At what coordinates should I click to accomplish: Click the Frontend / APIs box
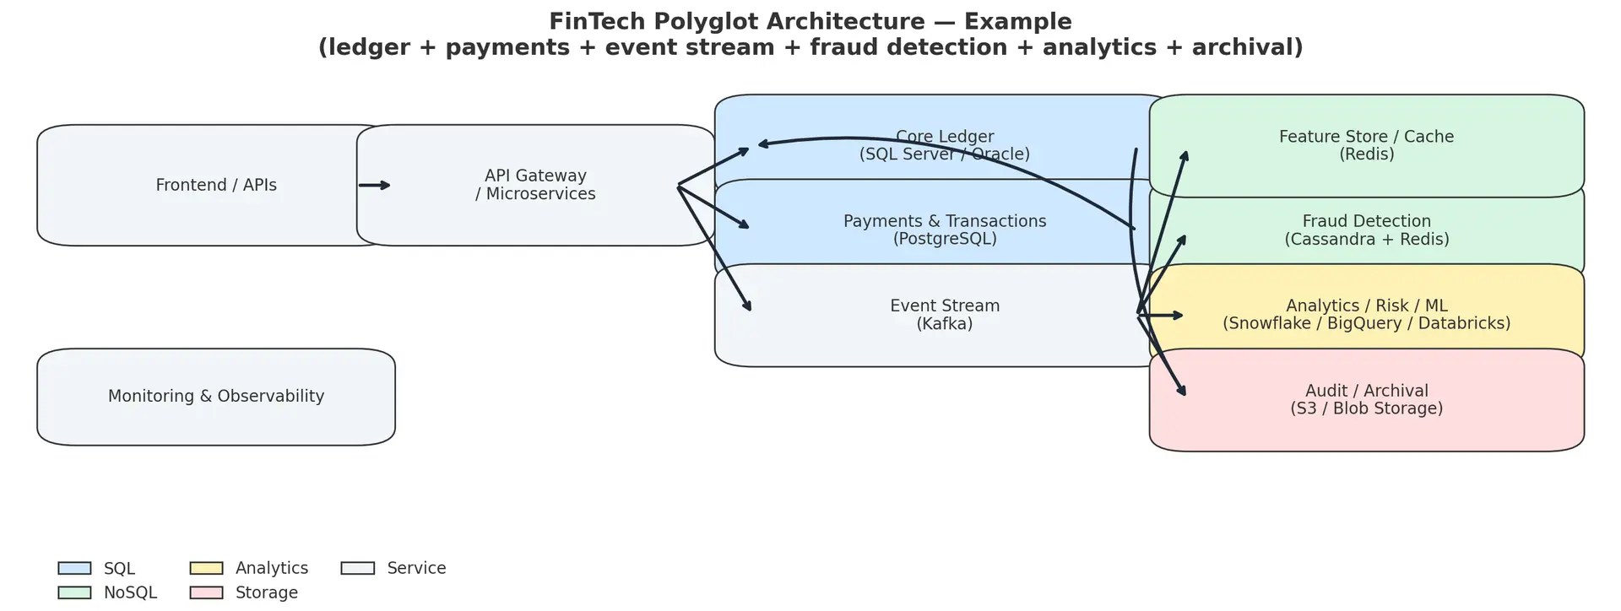215,186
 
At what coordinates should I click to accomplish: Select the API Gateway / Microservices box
535,186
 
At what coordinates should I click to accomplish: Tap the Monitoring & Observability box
215,397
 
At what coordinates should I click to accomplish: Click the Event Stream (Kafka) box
944,316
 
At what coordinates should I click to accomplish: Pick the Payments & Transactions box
944,230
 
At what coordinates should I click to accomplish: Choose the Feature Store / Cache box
1366,145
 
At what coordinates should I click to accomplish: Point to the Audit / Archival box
1366,400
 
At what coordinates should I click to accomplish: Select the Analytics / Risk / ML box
1366,315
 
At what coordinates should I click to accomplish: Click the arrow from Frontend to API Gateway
374,186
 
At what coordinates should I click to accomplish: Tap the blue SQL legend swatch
74,569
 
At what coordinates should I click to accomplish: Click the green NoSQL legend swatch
74,593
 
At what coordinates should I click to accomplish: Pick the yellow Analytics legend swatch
206,569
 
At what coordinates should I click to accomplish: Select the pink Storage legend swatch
206,593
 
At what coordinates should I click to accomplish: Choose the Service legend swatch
357,569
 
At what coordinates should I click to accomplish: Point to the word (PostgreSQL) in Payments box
944,240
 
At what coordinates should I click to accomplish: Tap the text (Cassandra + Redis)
1366,240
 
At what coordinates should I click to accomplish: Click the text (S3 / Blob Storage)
1366,409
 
